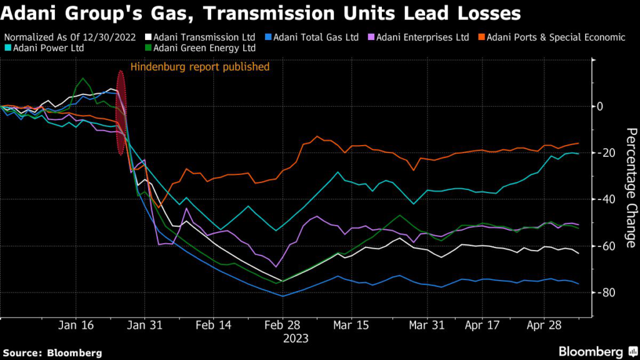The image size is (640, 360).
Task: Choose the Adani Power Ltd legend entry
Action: (47, 47)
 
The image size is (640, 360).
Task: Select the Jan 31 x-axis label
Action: (144, 326)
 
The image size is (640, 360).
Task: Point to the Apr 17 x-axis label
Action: (481, 326)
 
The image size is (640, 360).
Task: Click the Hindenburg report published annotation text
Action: (199, 66)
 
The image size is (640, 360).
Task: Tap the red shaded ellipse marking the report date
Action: (121, 112)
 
